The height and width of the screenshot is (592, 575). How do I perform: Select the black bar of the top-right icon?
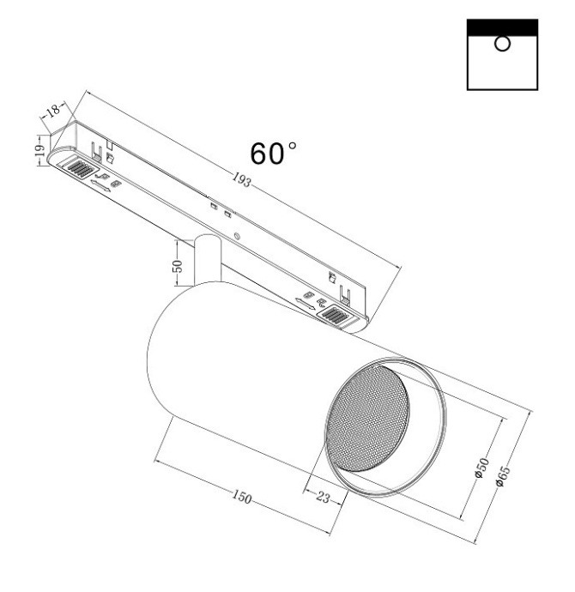(501, 26)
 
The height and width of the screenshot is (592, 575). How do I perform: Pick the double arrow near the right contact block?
(305, 301)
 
